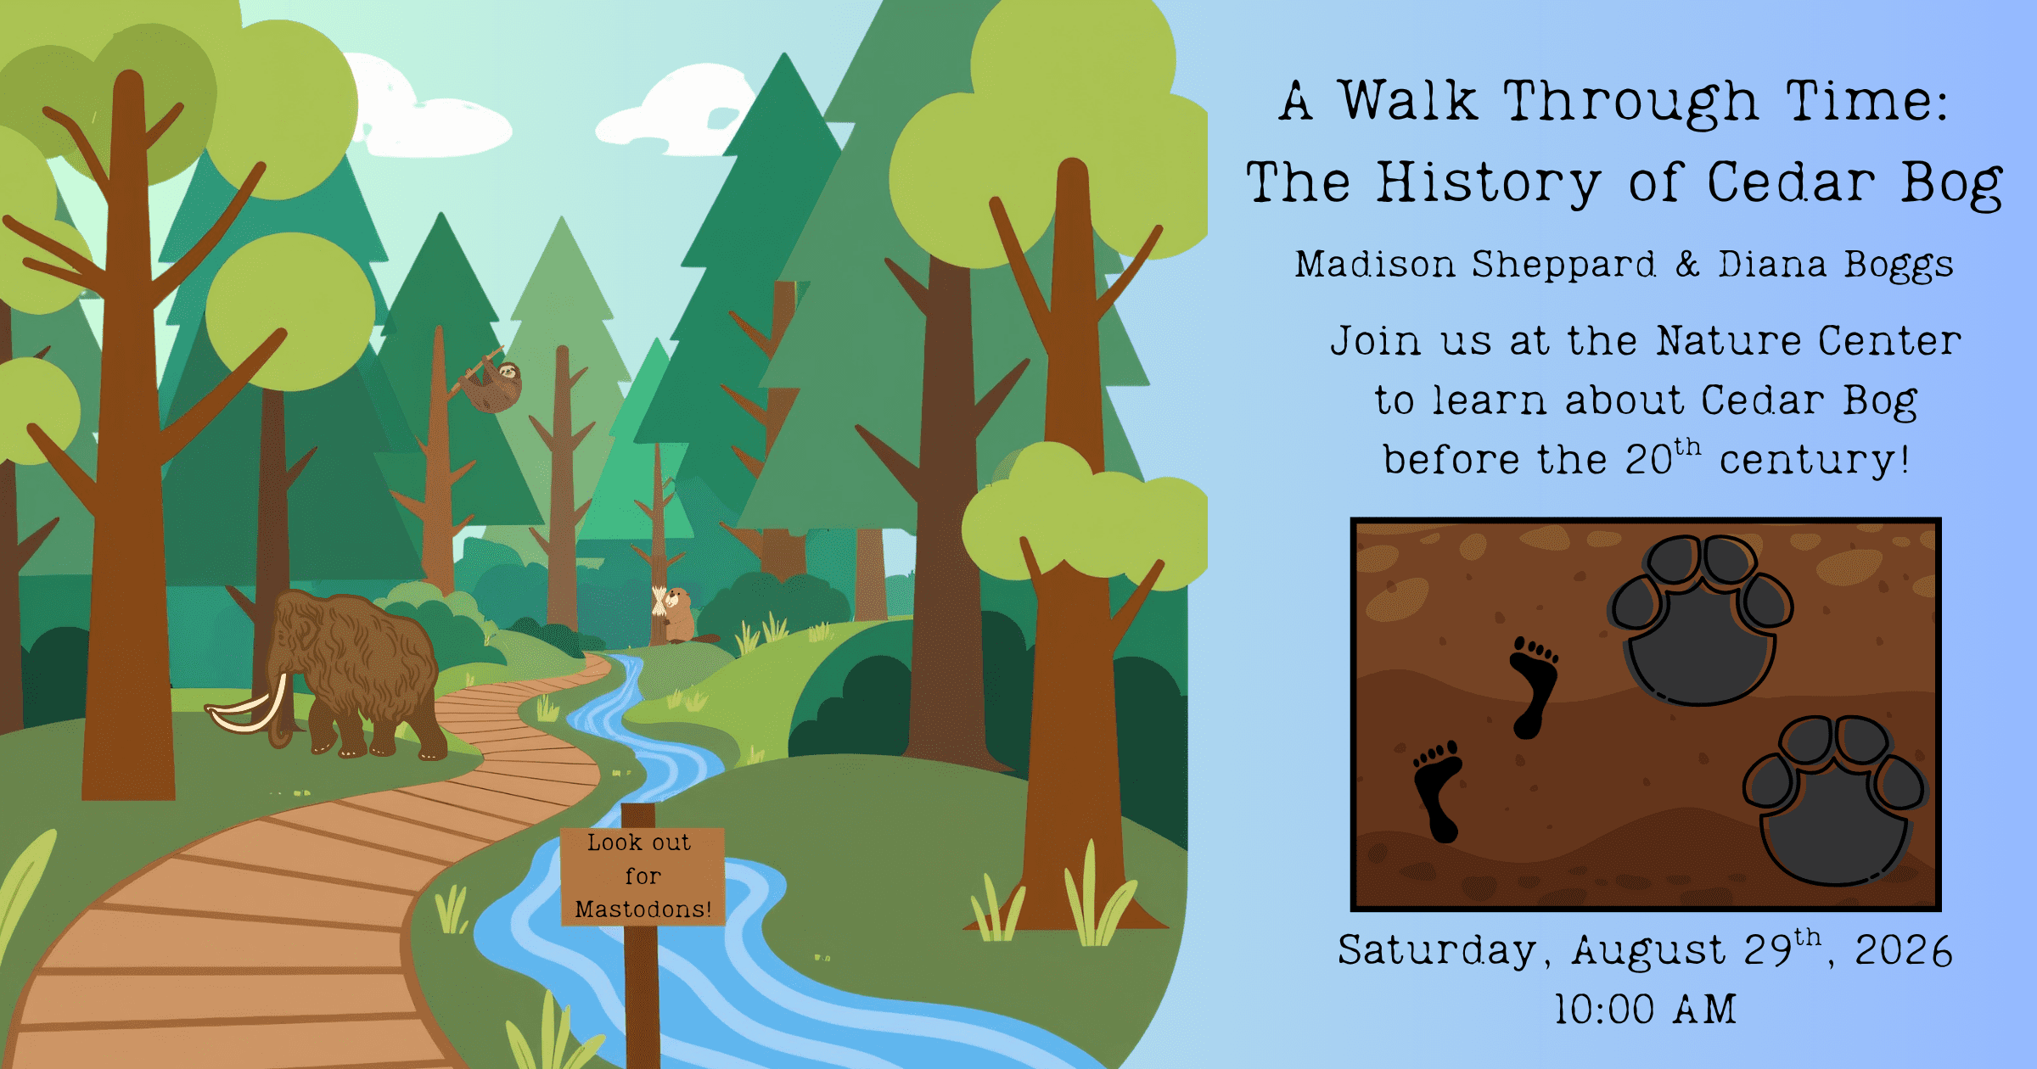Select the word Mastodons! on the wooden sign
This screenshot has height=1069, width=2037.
(x=643, y=909)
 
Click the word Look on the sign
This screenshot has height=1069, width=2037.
(x=615, y=842)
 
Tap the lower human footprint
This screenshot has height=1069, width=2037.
(x=1437, y=791)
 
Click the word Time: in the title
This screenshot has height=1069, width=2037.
(x=1867, y=102)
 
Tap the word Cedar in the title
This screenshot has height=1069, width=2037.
(x=1791, y=182)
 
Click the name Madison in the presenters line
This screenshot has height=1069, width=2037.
(x=1375, y=264)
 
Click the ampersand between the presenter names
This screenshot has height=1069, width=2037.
(x=1687, y=264)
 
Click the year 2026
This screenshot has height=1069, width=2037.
(x=1904, y=950)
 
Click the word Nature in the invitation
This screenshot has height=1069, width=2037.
(x=1729, y=341)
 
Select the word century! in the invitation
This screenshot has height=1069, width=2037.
(x=1814, y=460)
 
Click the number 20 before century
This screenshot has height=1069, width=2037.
(x=1648, y=460)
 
